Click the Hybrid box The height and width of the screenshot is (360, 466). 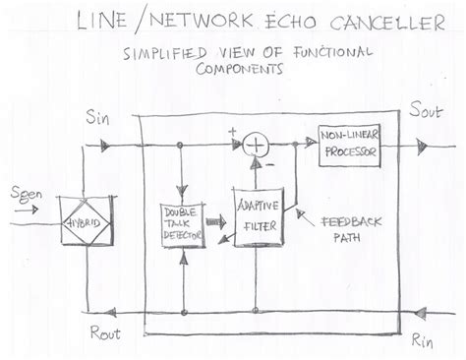(86, 223)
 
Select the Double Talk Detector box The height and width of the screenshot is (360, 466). (181, 224)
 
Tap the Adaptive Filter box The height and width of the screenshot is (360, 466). (258, 217)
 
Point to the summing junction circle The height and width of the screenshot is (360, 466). (258, 146)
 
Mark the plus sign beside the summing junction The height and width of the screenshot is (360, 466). (232, 131)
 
